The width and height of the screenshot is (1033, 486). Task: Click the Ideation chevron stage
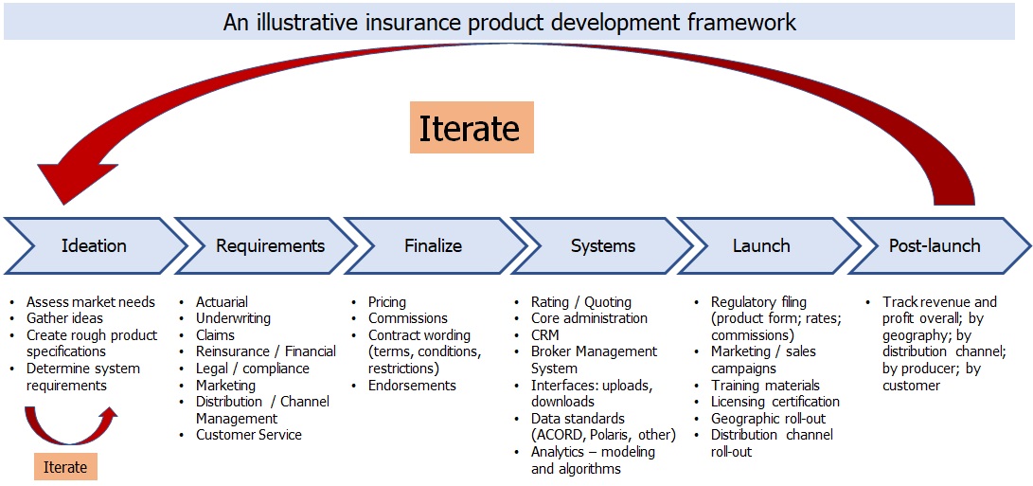pyautogui.click(x=94, y=245)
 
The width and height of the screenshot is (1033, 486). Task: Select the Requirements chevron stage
pyautogui.click(x=270, y=245)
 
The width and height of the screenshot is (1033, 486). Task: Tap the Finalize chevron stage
pyautogui.click(x=433, y=245)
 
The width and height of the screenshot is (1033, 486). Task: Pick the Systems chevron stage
pyautogui.click(x=602, y=245)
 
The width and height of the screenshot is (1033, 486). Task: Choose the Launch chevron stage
pyautogui.click(x=760, y=245)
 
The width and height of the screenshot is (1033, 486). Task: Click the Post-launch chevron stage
pyautogui.click(x=934, y=245)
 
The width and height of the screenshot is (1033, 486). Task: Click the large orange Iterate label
pyautogui.click(x=471, y=128)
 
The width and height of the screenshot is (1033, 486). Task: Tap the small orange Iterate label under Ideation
pyautogui.click(x=65, y=467)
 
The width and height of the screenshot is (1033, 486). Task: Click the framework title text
pyautogui.click(x=509, y=22)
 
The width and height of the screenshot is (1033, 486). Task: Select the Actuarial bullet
pyautogui.click(x=222, y=302)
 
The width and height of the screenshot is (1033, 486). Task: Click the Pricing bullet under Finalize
pyautogui.click(x=386, y=302)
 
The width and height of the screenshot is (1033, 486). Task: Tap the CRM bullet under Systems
pyautogui.click(x=544, y=335)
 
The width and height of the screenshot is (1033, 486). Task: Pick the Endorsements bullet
pyautogui.click(x=412, y=386)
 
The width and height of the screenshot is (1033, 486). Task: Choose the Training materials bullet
pyautogui.click(x=765, y=386)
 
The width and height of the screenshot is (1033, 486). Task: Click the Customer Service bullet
pyautogui.click(x=248, y=435)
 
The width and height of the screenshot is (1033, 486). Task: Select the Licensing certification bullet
pyautogui.click(x=775, y=402)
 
